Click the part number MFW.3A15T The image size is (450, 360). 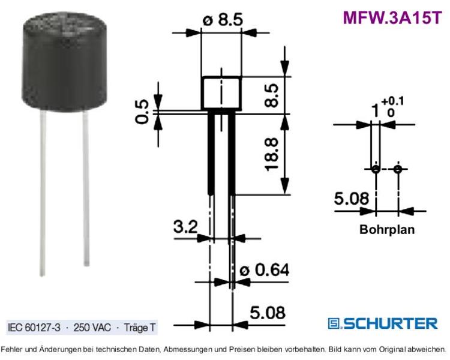tap(392, 18)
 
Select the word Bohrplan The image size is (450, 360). tap(387, 230)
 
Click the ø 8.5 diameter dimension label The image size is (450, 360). tap(223, 20)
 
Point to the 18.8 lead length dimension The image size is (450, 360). tap(272, 154)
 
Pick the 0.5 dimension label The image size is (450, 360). tap(142, 112)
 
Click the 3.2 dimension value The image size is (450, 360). tap(185, 227)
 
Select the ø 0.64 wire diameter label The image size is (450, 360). tap(265, 270)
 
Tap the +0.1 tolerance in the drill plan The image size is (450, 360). tap(392, 101)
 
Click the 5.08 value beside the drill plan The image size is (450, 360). tap(352, 199)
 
